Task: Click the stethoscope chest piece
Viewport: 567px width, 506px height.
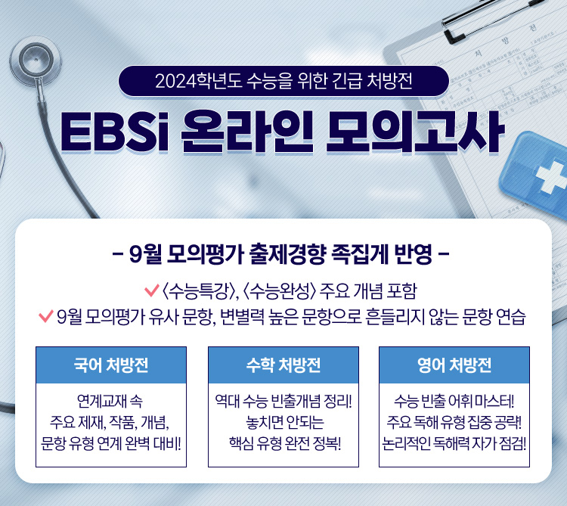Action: (x=36, y=60)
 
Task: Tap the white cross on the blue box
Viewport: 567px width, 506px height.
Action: (x=550, y=178)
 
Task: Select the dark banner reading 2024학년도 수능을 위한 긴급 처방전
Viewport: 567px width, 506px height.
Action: (x=283, y=81)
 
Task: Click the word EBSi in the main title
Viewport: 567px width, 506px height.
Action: (x=115, y=132)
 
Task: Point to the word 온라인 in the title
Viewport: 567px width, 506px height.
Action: (x=246, y=132)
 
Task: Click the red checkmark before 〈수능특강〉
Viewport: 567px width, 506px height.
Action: (x=152, y=290)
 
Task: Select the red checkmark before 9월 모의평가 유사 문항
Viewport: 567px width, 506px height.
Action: (x=46, y=316)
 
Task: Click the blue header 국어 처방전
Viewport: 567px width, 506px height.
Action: (x=111, y=365)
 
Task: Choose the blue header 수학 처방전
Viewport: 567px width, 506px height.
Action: (x=283, y=365)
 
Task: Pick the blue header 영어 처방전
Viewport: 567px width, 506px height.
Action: (x=454, y=365)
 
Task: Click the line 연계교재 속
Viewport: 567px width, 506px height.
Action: (x=110, y=401)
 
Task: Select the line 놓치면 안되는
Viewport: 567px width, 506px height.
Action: (x=285, y=422)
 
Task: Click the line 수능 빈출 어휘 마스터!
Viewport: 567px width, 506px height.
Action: (x=454, y=401)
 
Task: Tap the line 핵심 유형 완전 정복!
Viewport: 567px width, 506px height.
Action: (x=285, y=443)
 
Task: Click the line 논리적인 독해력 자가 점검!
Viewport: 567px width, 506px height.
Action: (x=454, y=443)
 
